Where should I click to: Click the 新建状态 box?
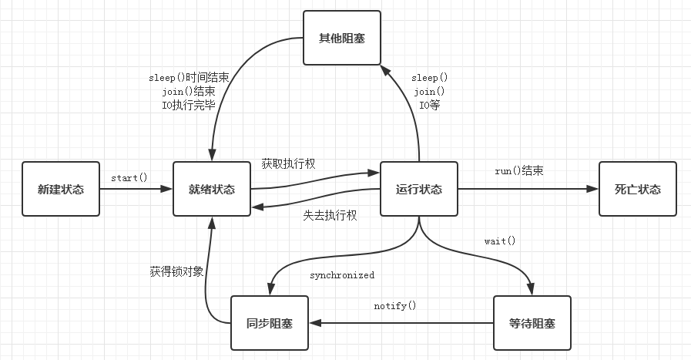pyautogui.click(x=61, y=189)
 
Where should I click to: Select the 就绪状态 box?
pyautogui.click(x=212, y=189)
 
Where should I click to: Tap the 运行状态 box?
pyautogui.click(x=419, y=189)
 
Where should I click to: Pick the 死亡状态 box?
pyautogui.click(x=637, y=189)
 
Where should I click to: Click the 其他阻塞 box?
pyautogui.click(x=342, y=37)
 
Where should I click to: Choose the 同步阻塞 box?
pyautogui.click(x=269, y=323)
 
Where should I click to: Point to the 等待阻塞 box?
pyautogui.click(x=532, y=323)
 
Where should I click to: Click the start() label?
pyautogui.click(x=129, y=178)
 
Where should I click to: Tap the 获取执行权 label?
pyautogui.click(x=288, y=163)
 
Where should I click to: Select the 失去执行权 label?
pyautogui.click(x=330, y=216)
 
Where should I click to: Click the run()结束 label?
pyautogui.click(x=518, y=170)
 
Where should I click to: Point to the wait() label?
pyautogui.click(x=499, y=241)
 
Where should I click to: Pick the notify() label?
pyautogui.click(x=395, y=305)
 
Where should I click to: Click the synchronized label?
pyautogui.click(x=342, y=275)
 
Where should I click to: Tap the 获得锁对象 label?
pyautogui.click(x=176, y=271)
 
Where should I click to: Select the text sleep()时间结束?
pyautogui.click(x=188, y=78)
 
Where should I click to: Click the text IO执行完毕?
pyautogui.click(x=188, y=106)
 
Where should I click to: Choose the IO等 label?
pyautogui.click(x=429, y=106)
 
